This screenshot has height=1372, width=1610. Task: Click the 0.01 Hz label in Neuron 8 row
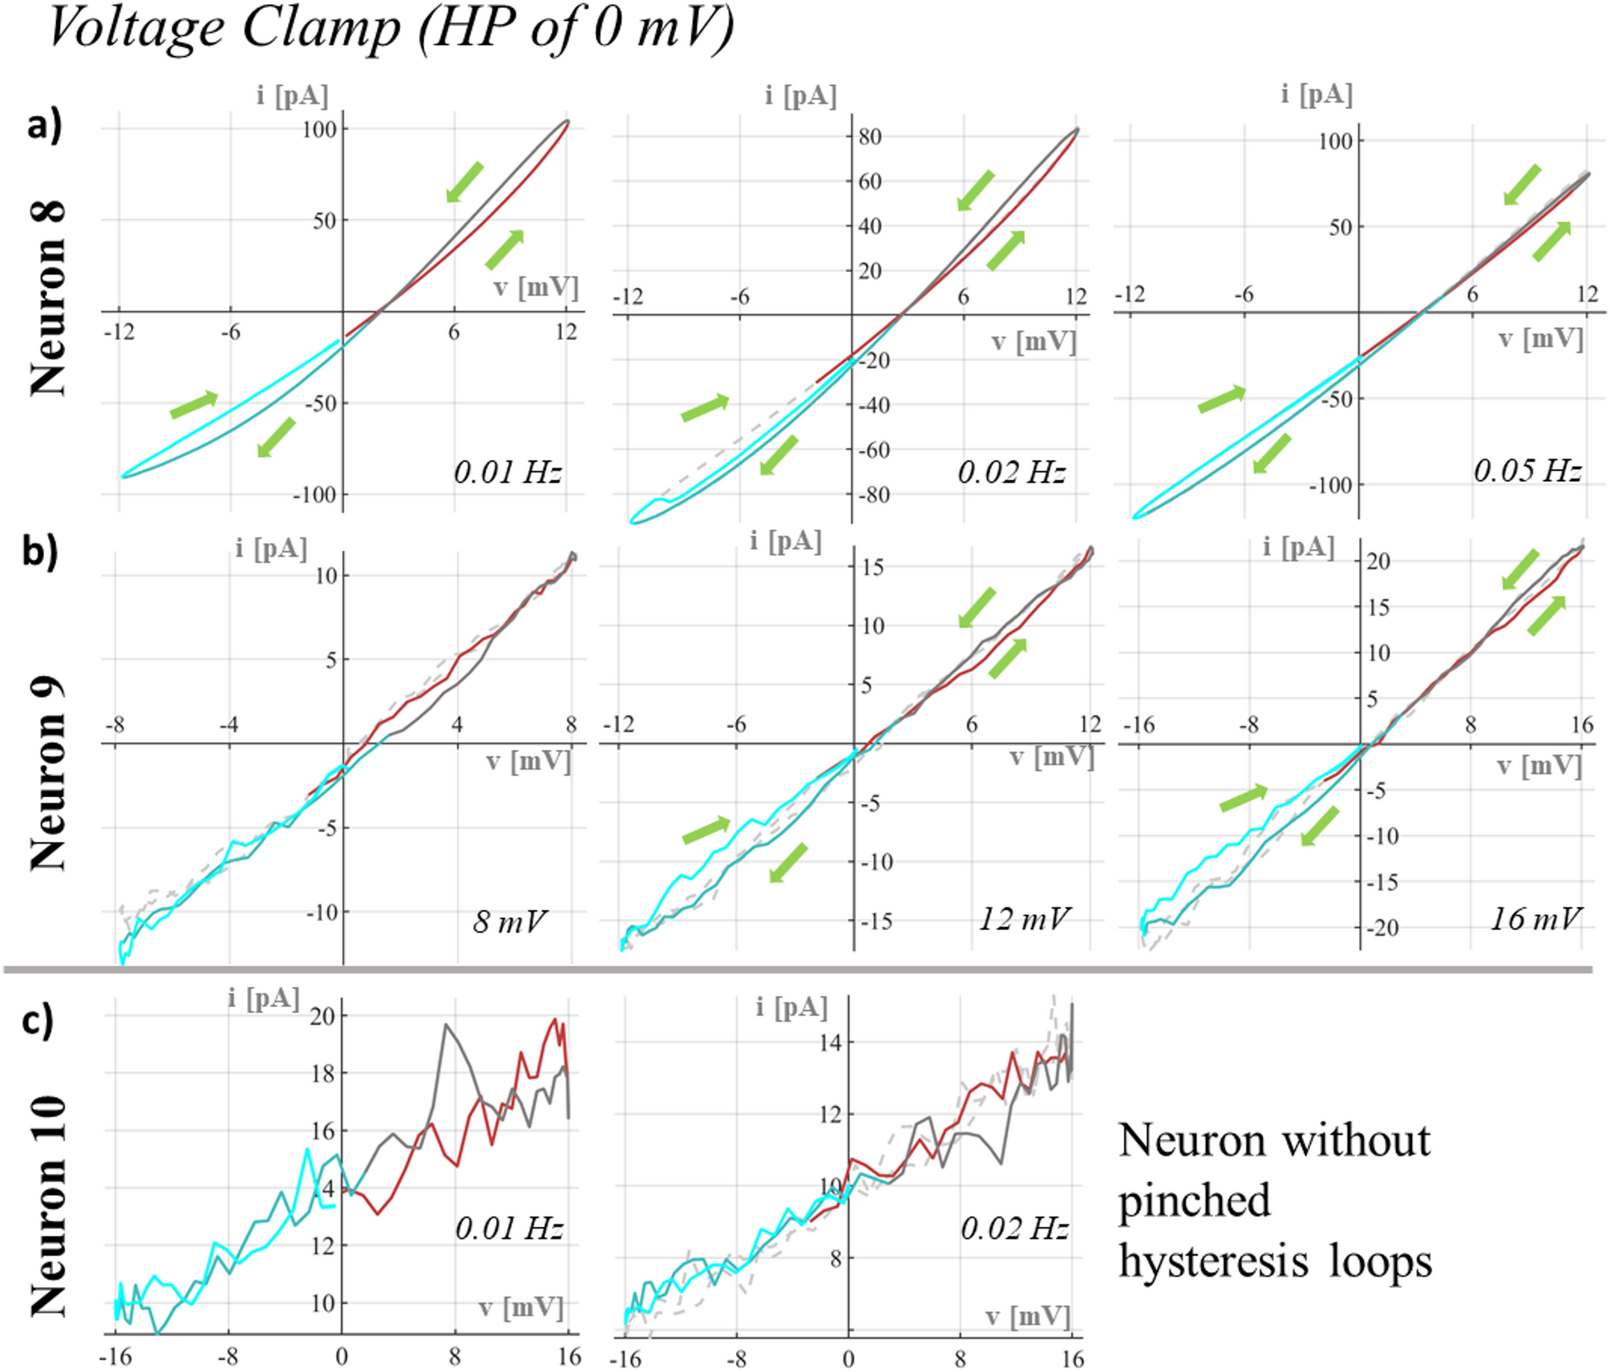[507, 471]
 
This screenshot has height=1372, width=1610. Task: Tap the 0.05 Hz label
[1527, 470]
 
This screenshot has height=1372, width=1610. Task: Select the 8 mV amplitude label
[508, 921]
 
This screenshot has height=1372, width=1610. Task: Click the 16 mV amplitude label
[1535, 918]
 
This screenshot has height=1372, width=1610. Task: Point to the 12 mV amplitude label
[1024, 918]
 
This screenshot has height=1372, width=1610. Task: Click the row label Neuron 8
[48, 298]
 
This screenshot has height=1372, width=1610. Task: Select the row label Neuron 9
[48, 774]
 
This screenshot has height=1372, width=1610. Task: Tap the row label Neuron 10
[48, 1206]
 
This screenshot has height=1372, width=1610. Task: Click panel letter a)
[44, 126]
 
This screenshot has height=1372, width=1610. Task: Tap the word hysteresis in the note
[1212, 1261]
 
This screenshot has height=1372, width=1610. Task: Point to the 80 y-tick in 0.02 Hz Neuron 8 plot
[870, 136]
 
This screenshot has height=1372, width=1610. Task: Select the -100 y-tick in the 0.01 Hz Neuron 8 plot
[314, 495]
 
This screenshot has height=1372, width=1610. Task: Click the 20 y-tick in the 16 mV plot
[1377, 561]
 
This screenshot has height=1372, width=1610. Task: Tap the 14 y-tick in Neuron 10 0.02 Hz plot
[830, 1043]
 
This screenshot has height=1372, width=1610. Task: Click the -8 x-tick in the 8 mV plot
[115, 725]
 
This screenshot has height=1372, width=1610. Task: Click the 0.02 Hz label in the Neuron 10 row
[1014, 1228]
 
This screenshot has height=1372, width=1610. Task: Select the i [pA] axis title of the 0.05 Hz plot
[1316, 95]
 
